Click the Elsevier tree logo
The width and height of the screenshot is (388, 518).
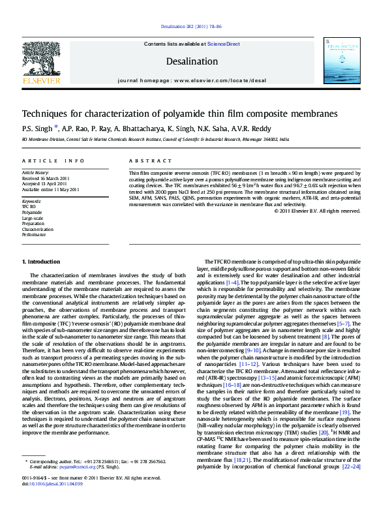pos(41,59)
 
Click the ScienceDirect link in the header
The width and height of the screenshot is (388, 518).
pos(224,44)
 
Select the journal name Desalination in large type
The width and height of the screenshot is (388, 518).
pos(192,61)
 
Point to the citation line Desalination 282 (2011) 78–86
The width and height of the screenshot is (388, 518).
pos(191,27)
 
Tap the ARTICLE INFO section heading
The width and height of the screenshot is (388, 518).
pos(53,160)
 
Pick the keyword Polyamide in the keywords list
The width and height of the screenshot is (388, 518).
pos(31,213)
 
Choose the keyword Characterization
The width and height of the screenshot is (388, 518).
pos(36,229)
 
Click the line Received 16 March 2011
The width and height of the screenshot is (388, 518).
pos(46,178)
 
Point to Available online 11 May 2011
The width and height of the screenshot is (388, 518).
pos(50,189)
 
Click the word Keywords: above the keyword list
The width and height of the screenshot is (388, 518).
pos(31,202)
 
